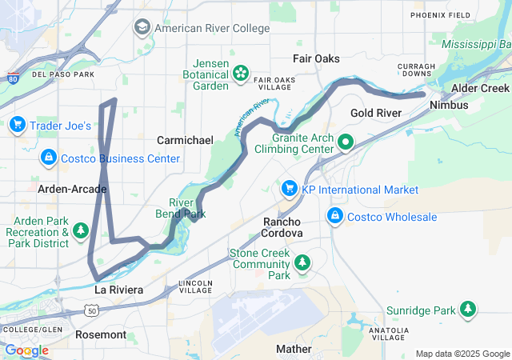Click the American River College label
tap(212, 28)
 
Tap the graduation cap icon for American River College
tap(142, 28)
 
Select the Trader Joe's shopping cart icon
tap(17, 125)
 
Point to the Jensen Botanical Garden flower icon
tap(240, 74)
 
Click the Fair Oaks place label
tap(316, 59)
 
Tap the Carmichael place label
tap(185, 140)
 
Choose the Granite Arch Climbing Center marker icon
tap(346, 143)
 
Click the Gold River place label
tap(375, 113)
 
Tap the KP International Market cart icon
tap(289, 190)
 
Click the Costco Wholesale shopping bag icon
tap(334, 217)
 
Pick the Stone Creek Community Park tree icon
tap(302, 262)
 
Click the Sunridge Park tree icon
tap(467, 310)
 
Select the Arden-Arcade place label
tap(72, 189)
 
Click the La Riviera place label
tap(118, 290)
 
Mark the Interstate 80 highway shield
tap(11, 80)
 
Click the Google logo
tap(26, 350)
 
